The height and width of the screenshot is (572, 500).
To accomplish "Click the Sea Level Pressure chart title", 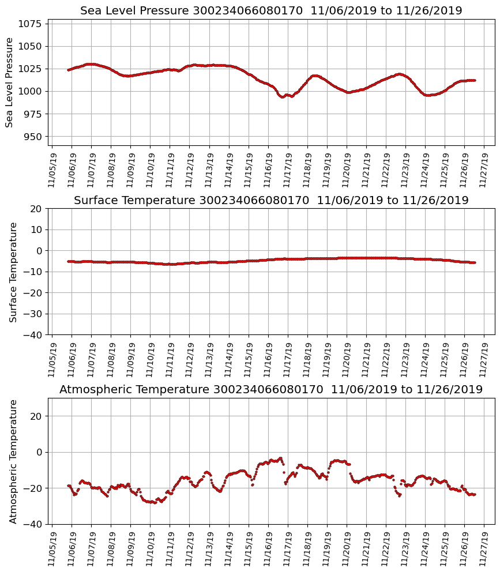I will pos(271,11).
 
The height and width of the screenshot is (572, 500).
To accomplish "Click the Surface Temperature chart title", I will pos(271,201).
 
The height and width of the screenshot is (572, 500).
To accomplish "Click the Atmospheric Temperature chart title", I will pos(271,390).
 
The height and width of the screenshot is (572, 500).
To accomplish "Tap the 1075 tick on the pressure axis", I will pos(29,24).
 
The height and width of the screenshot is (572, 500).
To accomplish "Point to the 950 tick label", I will pos(32,137).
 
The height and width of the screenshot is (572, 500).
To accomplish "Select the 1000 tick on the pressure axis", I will pos(29,91).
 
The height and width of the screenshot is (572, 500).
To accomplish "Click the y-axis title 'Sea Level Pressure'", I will pos(10,82).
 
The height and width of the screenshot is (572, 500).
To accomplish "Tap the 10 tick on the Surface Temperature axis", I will pos(36,229).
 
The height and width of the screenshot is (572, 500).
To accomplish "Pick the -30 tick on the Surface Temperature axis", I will pos(32,314).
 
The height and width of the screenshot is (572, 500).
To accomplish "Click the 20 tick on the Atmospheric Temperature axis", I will pos(36,416).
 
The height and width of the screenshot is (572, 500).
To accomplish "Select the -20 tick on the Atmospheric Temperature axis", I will pos(32,488).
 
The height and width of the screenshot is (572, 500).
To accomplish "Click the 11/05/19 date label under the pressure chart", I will pos(52,170).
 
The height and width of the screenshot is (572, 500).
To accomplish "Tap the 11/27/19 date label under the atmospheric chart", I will pos(484,548).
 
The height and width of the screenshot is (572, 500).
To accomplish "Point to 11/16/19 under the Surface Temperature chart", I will pos(268,359).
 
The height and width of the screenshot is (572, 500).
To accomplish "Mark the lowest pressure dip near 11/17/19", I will pos(283,97).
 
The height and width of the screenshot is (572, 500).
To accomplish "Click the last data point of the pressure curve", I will pos(474,80).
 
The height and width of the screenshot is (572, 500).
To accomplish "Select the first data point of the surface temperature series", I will pos(69,261).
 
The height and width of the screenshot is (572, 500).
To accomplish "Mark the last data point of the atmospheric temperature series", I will pos(474,494).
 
